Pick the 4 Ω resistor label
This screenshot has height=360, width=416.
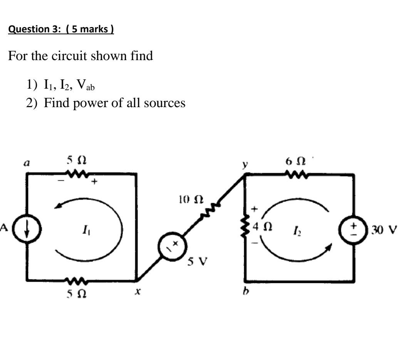click(264, 226)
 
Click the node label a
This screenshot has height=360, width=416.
click(27, 163)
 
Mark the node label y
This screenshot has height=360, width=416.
click(243, 164)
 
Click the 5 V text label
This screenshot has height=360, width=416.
click(197, 262)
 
